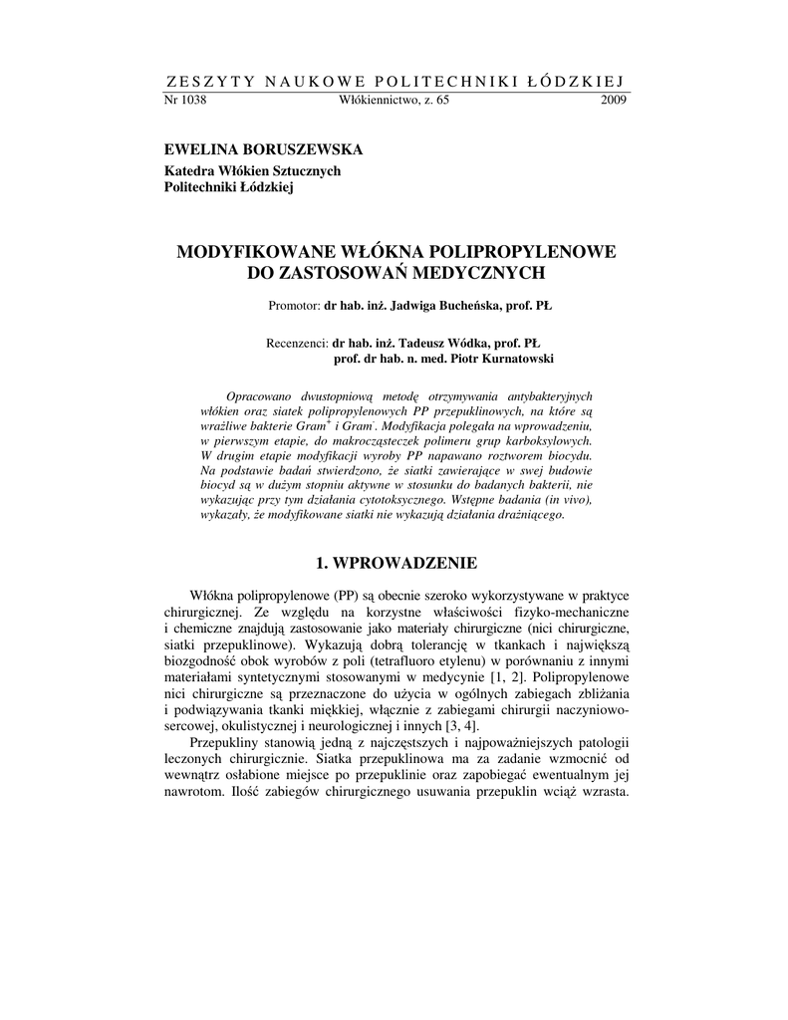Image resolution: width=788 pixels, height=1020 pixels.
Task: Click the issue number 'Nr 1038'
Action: tap(184, 101)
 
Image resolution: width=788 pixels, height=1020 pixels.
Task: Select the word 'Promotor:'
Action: tap(294, 306)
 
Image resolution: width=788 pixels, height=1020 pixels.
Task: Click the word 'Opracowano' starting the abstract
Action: tap(262, 394)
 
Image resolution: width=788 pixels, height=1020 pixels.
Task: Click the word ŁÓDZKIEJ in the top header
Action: tap(579, 80)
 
